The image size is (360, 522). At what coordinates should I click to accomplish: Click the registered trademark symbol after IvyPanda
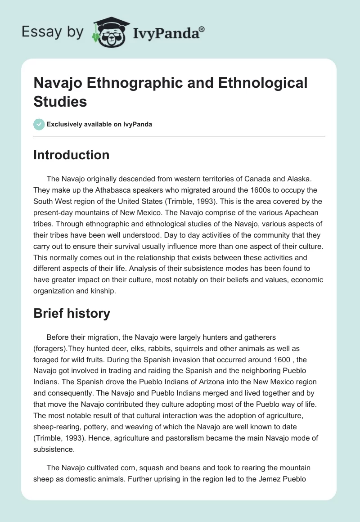[202, 29]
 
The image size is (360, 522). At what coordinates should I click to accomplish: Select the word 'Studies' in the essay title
[60, 101]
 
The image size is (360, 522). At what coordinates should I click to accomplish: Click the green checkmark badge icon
[39, 124]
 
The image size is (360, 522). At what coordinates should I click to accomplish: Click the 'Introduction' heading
[72, 155]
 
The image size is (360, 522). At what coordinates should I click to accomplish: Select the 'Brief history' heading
[72, 313]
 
